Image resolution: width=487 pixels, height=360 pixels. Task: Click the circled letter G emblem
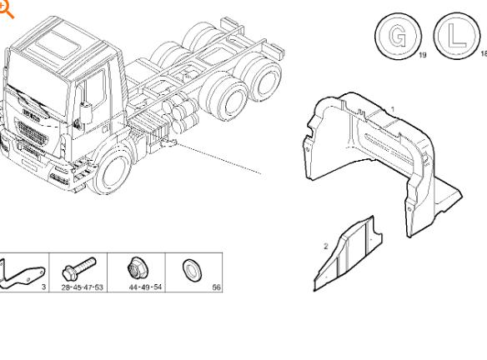tap(398, 36)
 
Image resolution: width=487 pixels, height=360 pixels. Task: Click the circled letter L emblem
tap(456, 35)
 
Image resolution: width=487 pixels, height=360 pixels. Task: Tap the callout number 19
tap(423, 55)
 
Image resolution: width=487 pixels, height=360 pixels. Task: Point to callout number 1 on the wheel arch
tap(393, 109)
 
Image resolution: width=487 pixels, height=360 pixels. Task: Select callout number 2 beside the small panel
tap(325, 247)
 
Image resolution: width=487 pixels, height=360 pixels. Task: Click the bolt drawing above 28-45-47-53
tap(79, 268)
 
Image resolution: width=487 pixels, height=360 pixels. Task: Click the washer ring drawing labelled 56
tap(192, 270)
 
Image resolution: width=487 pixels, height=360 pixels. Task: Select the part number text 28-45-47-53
tap(82, 287)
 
